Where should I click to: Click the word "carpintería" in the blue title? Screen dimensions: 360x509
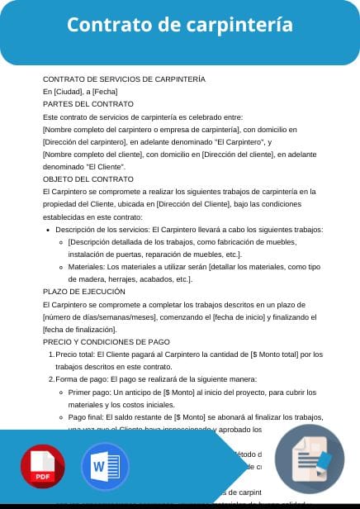click(x=242, y=25)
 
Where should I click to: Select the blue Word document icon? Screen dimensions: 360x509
click(x=105, y=468)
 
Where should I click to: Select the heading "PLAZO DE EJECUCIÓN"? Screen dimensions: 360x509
click(x=84, y=292)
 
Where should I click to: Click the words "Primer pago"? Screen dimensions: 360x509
click(x=90, y=392)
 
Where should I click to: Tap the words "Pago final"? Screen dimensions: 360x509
click(x=87, y=417)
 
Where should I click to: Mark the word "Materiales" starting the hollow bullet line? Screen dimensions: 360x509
click(x=87, y=267)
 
